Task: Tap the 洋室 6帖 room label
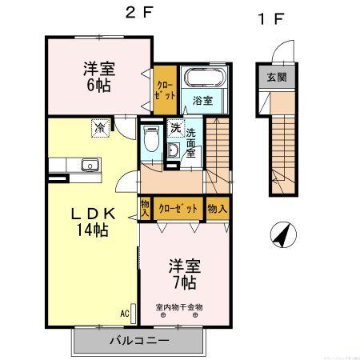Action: point(98,75)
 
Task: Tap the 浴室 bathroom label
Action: point(202,101)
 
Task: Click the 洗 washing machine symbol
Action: point(175,128)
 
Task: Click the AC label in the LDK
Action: point(125,313)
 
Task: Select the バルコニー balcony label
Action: point(140,340)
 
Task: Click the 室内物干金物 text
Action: point(180,306)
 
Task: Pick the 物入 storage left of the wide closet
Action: point(145,209)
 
